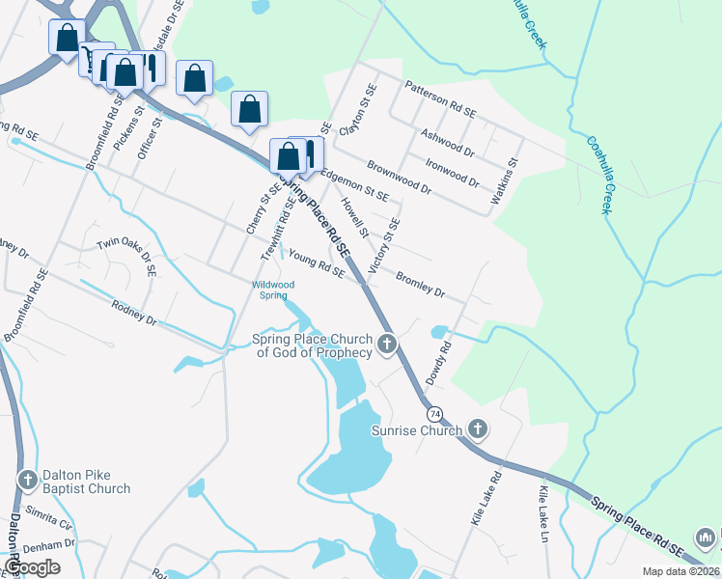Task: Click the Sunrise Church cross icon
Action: coord(477,428)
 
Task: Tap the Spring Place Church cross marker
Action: coord(387,344)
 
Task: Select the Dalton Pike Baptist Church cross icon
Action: coord(27,479)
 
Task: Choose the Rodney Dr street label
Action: coord(133,314)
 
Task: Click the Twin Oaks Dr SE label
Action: coord(126,253)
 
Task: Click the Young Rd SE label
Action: coord(317,263)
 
